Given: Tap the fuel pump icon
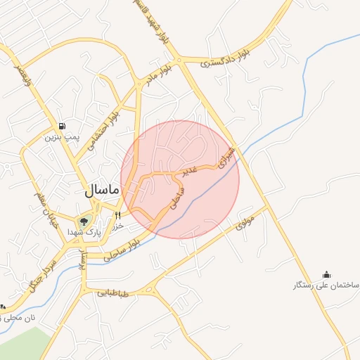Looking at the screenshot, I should pos(63,127).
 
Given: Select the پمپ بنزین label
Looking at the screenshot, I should pos(60,136).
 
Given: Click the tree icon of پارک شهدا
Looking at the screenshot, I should pos(84,221).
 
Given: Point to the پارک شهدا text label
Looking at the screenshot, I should pos(89,231).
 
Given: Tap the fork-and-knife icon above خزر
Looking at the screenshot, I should pos(118,215).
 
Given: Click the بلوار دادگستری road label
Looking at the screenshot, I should pos(226,62).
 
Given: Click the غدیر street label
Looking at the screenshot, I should pos(191,170).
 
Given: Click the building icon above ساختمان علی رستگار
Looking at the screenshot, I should pos(326,274).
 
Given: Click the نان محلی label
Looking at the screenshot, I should pos(18,319).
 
